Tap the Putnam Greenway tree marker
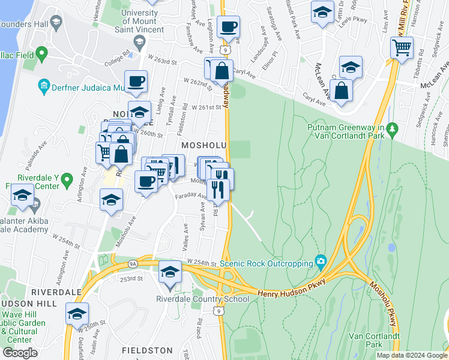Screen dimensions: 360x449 [x=393, y=128]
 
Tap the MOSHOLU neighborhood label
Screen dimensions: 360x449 [x=203, y=146]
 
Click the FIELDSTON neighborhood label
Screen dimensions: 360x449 [x=146, y=350]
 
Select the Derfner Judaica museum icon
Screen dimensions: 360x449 [x=44, y=87]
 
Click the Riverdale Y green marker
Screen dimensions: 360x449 [x=67, y=179]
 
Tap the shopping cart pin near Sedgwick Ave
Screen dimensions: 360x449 [x=402, y=47]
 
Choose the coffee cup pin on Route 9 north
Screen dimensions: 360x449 [x=229, y=27]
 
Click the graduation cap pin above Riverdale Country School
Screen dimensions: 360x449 [x=170, y=272]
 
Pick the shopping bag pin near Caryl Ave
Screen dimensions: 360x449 [x=342, y=91]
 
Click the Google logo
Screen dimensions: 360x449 [x=20, y=353]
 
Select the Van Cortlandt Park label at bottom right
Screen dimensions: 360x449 [x=382, y=340]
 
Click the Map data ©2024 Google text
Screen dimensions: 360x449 [x=412, y=355]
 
